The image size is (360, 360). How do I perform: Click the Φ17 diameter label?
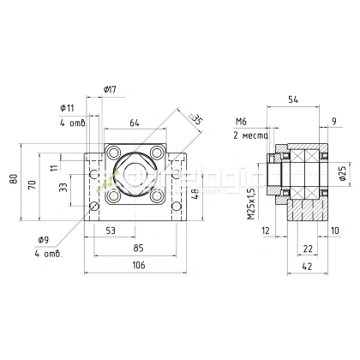click(110, 88)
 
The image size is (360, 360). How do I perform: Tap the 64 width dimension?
click(134, 122)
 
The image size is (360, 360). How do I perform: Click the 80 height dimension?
click(12, 178)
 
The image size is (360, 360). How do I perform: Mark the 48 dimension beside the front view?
click(195, 192)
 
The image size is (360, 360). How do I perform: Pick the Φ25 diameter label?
click(342, 175)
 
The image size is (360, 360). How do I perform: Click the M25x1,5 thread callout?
click(249, 205)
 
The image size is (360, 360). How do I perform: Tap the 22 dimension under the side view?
click(308, 248)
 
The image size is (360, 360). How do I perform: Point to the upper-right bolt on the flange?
click(157, 155)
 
